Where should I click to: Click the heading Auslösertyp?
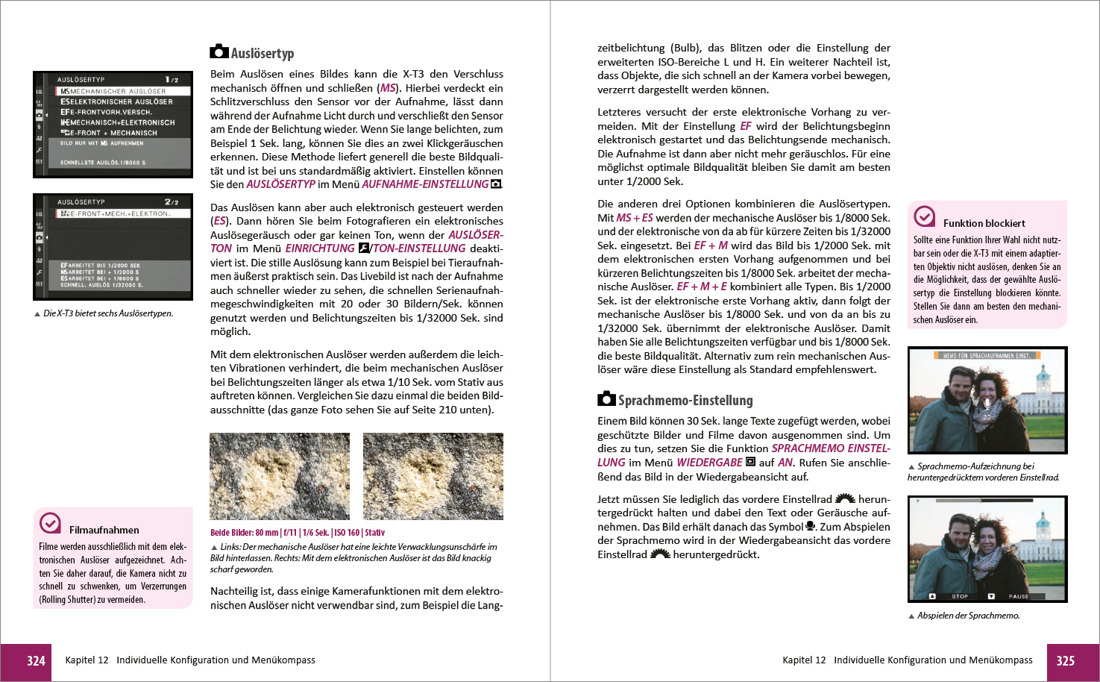coord(262,54)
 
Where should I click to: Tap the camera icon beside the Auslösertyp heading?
coord(219,51)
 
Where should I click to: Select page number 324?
coord(36,661)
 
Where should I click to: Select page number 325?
coord(1065,661)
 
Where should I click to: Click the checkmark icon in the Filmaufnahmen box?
coord(50,523)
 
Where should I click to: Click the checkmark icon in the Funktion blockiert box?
coord(924,216)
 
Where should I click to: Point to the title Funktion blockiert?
coord(984,223)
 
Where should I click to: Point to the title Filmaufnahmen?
coord(104,530)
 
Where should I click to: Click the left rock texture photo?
coord(280,476)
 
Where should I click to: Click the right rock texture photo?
coord(433,476)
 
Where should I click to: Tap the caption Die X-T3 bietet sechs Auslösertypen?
coord(108,313)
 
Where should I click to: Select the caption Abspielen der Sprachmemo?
coord(968,616)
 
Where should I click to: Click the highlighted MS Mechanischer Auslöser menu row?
coord(123,91)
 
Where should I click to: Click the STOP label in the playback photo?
coord(960,596)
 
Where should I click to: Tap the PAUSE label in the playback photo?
coord(1018,596)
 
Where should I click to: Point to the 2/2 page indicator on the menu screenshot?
coord(172,202)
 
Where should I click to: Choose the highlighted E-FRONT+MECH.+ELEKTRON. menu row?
coord(123,213)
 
